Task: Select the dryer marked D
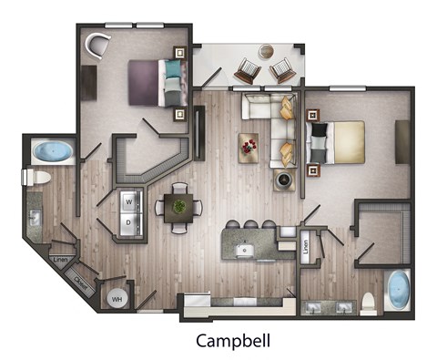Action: (x=129, y=221)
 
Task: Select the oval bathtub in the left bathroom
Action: (x=53, y=151)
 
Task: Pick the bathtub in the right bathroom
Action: (x=398, y=291)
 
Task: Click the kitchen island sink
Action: (x=243, y=250)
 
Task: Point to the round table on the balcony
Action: (x=267, y=52)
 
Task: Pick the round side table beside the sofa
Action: (x=284, y=180)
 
